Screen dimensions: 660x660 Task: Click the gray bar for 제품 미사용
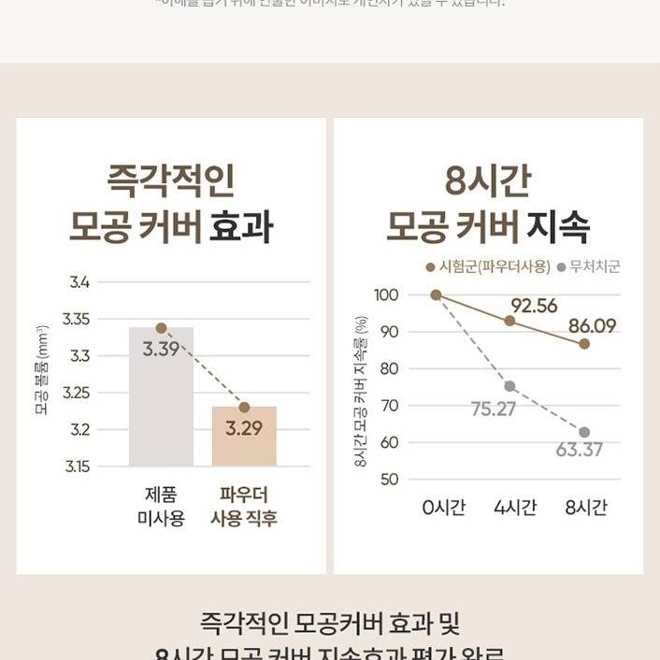161,396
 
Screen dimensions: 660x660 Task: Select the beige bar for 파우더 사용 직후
244,436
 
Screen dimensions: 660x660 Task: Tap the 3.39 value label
161,350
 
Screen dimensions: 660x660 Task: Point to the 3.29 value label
244,429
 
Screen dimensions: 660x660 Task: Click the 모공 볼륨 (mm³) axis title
42,370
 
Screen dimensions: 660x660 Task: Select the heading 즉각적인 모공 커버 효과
171,202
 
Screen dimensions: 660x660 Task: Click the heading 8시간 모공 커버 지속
487,202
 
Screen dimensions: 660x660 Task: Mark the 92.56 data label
534,306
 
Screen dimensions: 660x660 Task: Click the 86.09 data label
593,326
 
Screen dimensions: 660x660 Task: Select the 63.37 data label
580,450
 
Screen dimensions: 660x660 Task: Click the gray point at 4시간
509,386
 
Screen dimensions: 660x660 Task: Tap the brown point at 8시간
584,344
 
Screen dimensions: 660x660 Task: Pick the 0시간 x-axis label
443,508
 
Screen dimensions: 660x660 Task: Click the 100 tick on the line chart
388,295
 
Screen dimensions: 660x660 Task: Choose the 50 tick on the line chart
390,480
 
